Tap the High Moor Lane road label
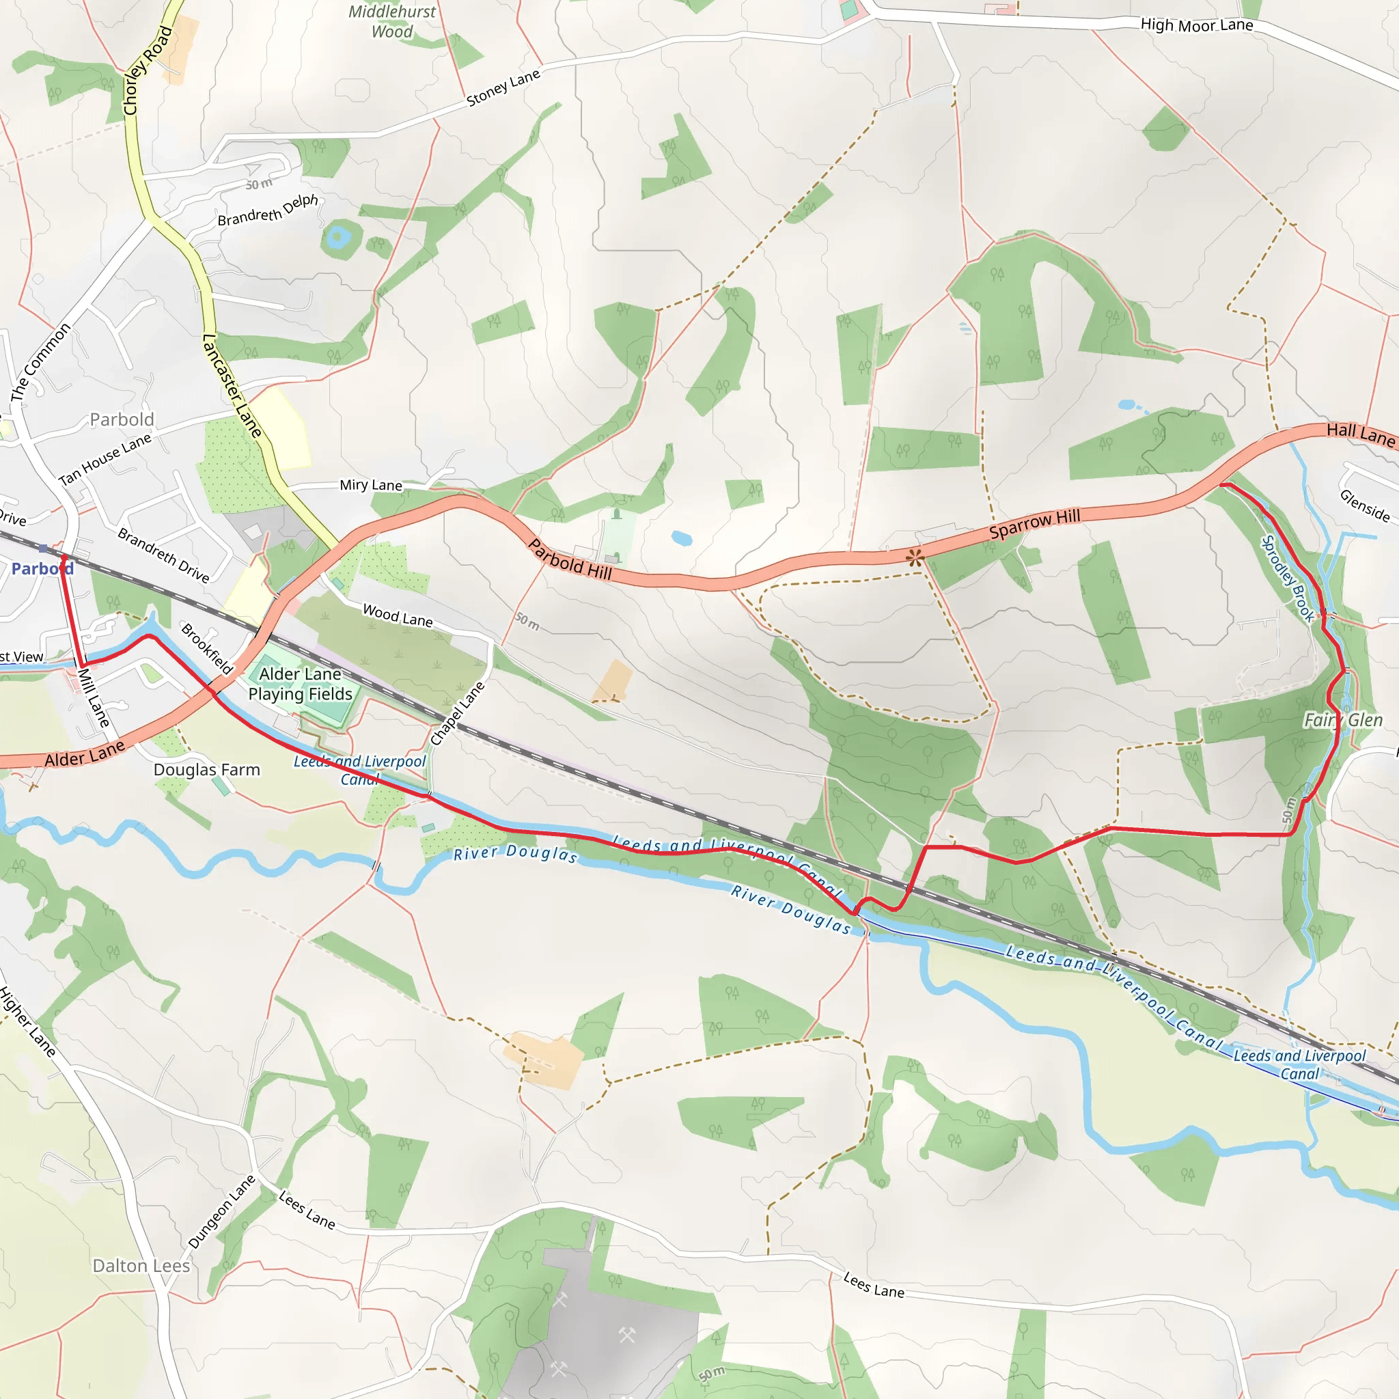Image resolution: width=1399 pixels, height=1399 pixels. pyautogui.click(x=1196, y=25)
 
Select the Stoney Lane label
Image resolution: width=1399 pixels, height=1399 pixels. pyautogui.click(x=503, y=88)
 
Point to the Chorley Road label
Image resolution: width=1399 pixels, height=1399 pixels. pyautogui.click(x=147, y=70)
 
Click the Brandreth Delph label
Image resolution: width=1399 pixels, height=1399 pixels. pyautogui.click(x=268, y=210)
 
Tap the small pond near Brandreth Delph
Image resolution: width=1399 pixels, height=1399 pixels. pyautogui.click(x=337, y=236)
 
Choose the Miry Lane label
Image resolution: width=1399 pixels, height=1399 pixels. pyautogui.click(x=371, y=485)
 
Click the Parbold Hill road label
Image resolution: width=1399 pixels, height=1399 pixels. pyautogui.click(x=570, y=559)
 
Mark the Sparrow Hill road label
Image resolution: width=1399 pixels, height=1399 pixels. pyautogui.click(x=1034, y=523)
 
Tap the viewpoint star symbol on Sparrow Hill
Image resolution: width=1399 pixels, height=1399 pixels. pyautogui.click(x=915, y=557)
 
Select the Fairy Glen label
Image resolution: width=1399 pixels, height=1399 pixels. pyautogui.click(x=1342, y=720)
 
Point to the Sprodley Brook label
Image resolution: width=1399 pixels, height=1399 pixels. pyautogui.click(x=1288, y=578)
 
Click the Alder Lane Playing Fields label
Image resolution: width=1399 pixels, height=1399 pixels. pyautogui.click(x=300, y=684)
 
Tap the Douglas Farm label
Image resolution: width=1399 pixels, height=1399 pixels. pyautogui.click(x=206, y=770)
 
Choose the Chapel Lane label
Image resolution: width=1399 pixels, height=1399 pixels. pyautogui.click(x=457, y=714)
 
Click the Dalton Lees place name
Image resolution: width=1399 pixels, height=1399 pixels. pyautogui.click(x=141, y=1266)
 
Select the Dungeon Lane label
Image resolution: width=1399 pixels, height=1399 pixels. pyautogui.click(x=221, y=1211)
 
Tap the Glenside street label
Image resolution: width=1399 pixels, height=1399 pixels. pyautogui.click(x=1364, y=505)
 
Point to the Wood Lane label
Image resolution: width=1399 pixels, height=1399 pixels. pyautogui.click(x=398, y=615)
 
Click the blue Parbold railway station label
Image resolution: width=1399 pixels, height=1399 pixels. pyautogui.click(x=42, y=569)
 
